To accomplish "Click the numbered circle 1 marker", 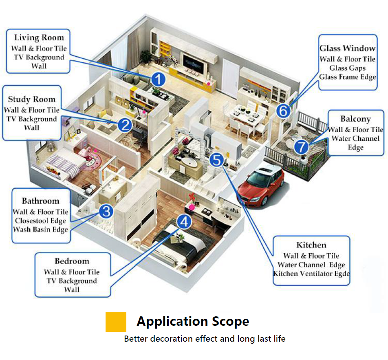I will (158, 80).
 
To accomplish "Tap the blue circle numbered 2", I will (124, 125).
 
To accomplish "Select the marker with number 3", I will (106, 211).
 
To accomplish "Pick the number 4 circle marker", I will (184, 222).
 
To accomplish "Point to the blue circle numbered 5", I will (216, 159).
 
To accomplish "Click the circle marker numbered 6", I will (284, 110).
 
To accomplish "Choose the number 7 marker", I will (302, 146).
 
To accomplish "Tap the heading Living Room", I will (39, 38).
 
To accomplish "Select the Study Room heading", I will (31, 99).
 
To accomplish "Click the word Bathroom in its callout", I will (40, 201).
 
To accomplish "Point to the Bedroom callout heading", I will (72, 261).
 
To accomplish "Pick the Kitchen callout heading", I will (311, 245).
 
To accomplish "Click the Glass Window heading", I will (347, 48).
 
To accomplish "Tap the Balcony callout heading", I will (355, 119).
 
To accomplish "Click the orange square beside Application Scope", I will (116, 322).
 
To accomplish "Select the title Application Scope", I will (193, 321).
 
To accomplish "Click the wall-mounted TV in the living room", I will (193, 63).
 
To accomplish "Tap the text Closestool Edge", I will (40, 221).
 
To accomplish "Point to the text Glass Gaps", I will (347, 68).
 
